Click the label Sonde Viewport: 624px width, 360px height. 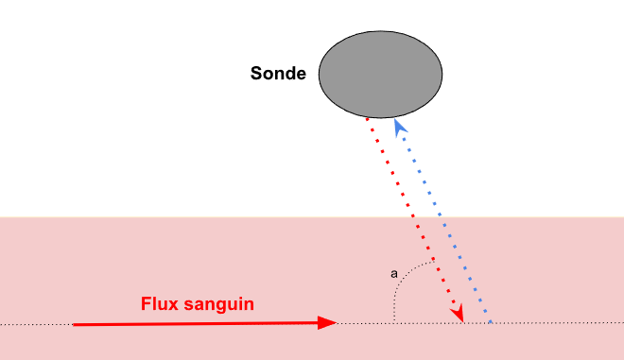coord(278,73)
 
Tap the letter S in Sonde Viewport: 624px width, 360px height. coord(256,73)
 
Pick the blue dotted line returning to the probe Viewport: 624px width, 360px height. coord(442,217)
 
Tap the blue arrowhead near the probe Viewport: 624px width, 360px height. coord(399,126)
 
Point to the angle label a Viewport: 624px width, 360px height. coord(394,274)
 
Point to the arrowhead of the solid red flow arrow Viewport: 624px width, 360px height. coord(328,323)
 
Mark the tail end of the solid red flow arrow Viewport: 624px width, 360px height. coord(75,324)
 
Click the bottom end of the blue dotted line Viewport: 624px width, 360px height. coord(490,321)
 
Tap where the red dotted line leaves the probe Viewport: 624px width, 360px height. coord(368,117)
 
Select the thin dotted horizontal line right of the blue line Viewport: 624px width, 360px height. coord(558,324)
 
